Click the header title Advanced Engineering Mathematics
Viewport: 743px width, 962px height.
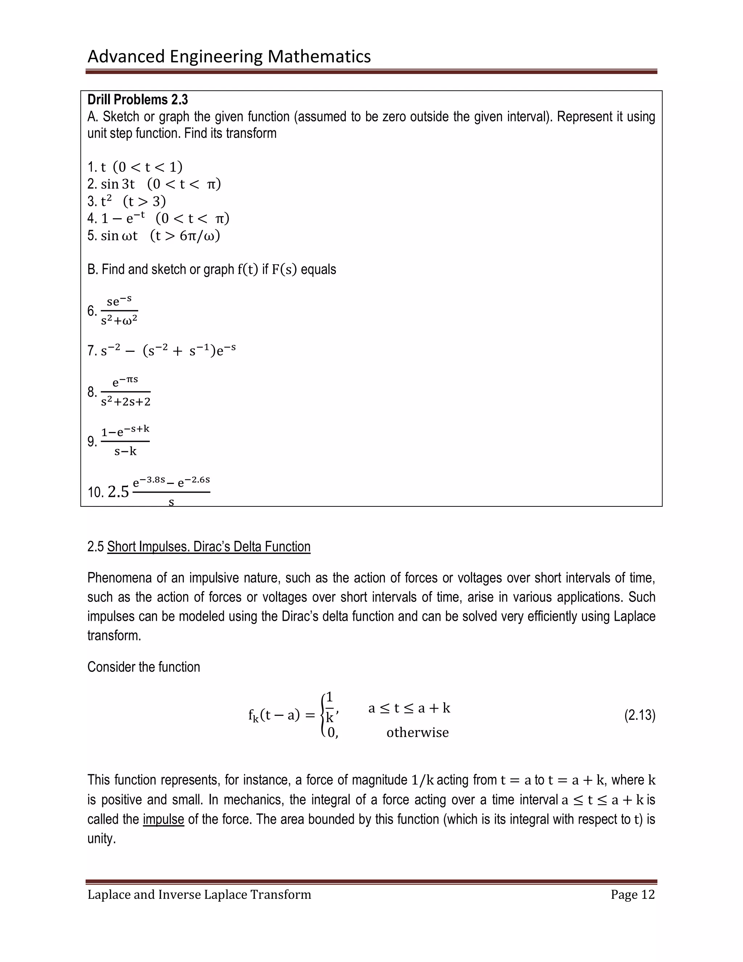click(x=229, y=56)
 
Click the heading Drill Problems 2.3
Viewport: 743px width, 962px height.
click(x=137, y=100)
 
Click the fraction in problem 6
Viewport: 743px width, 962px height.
click(x=119, y=311)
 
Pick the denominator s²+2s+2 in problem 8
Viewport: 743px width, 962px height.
click(x=126, y=402)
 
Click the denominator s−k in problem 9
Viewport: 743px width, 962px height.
click(x=126, y=451)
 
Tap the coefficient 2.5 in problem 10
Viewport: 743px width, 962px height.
click(x=118, y=492)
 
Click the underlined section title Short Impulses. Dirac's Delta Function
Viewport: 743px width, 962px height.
click(x=209, y=547)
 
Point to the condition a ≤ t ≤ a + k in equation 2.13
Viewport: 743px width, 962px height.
click(x=409, y=708)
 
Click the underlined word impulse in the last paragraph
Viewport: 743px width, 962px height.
click(x=163, y=819)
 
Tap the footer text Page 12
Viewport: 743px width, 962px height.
click(x=632, y=894)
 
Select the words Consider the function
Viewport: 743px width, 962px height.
click(x=144, y=667)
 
